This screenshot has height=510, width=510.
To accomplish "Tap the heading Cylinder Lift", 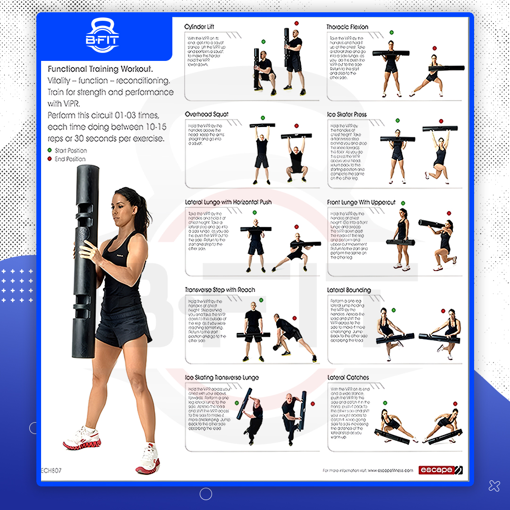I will point(199,27).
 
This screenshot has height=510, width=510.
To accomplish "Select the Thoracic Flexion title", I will point(347,27).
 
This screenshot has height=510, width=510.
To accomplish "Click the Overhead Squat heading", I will point(206,114).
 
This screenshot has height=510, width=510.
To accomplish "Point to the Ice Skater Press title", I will point(347,114).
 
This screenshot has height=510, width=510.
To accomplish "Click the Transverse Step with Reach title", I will point(220,290).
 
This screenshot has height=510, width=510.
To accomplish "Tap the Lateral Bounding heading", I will point(348,290).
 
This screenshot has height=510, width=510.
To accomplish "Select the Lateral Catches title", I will point(348,377).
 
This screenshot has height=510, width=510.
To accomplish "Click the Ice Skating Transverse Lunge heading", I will point(222,377).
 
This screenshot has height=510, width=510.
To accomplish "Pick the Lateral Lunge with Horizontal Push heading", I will point(228,202).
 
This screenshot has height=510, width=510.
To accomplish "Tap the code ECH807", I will point(51,470).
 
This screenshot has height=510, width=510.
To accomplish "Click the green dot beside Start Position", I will point(50,151).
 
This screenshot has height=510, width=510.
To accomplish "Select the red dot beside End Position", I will point(50,159).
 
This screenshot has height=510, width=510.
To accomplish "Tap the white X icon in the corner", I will point(494,485).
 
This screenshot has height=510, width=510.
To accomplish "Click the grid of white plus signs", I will point(17,286).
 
